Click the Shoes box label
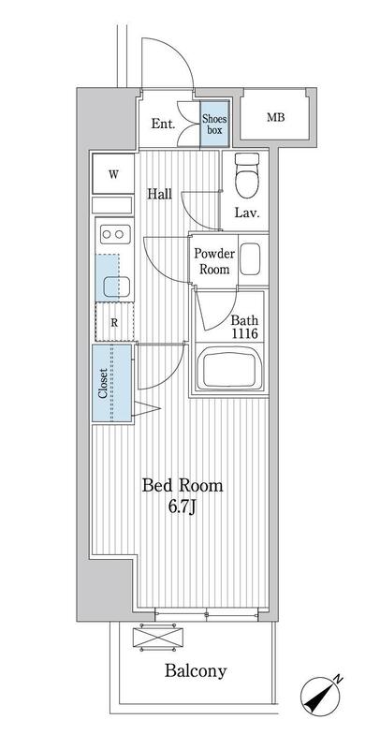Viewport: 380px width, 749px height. (214, 124)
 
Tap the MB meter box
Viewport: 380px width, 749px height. (275, 117)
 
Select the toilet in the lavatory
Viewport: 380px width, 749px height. (247, 175)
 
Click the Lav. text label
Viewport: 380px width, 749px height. (247, 213)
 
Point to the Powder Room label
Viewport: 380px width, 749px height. (214, 261)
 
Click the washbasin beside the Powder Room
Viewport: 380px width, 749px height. (250, 259)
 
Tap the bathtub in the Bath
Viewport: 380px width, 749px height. (230, 367)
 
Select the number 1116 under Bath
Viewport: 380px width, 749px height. (245, 333)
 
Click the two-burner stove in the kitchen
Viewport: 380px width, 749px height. (115, 234)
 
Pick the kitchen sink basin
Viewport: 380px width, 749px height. (117, 286)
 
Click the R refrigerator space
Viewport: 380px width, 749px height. (114, 322)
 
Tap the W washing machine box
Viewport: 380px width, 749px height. (113, 174)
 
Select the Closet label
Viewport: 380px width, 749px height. (103, 383)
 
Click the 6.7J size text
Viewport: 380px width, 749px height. (183, 507)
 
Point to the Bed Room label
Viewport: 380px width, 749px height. (183, 486)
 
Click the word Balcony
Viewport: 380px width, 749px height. (196, 670)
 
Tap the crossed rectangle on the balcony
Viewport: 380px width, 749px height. (158, 637)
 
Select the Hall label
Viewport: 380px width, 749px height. (159, 194)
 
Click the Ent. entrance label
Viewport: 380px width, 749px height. (163, 125)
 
